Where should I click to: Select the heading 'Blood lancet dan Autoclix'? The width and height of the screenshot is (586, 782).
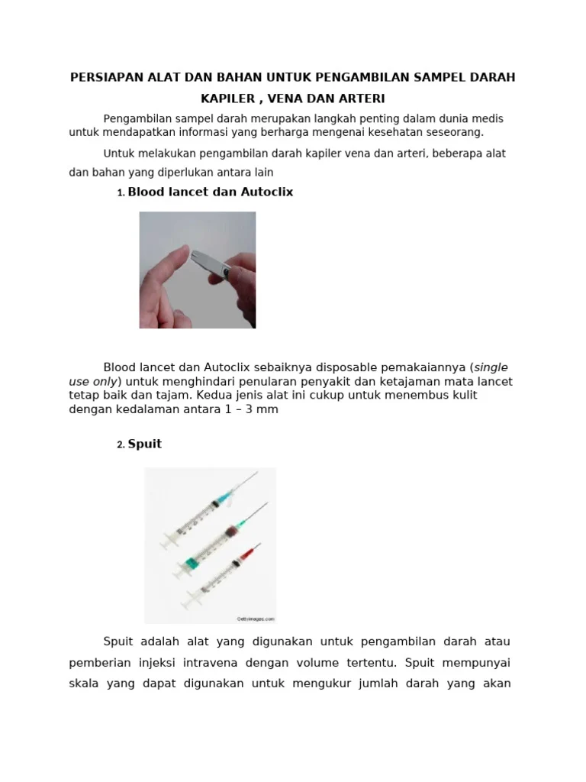(x=210, y=192)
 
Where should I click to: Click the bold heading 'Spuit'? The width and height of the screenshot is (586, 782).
(x=144, y=444)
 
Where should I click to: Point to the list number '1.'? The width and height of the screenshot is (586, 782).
(x=121, y=194)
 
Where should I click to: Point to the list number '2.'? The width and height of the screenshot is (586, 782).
(x=121, y=446)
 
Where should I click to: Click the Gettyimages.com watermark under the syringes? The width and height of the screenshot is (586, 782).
(x=250, y=619)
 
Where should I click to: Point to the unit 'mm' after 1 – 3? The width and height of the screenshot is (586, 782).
(x=269, y=409)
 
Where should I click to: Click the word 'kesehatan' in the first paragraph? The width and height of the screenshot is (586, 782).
(x=390, y=132)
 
